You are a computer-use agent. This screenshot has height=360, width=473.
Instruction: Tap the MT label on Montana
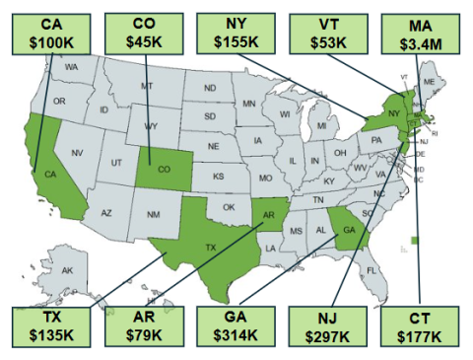pos(147,87)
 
